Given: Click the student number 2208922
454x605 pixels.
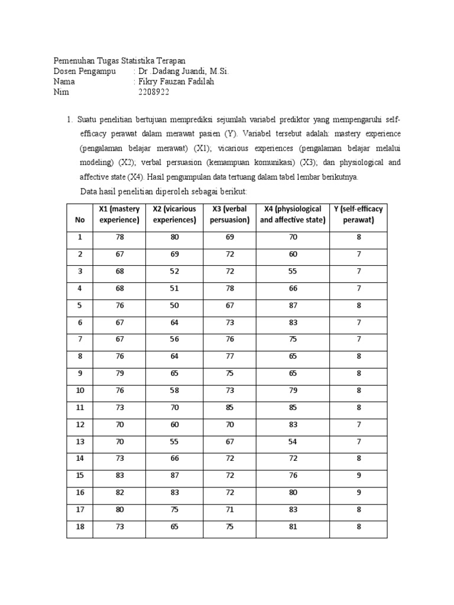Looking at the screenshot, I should pos(153,93).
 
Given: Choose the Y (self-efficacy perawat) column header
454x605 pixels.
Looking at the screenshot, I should pos(358,214).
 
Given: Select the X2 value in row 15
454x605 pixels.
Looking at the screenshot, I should pos(174,476).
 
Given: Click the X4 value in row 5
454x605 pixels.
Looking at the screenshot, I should pos(293,305).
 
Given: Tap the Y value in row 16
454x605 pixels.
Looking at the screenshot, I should pos(358,493).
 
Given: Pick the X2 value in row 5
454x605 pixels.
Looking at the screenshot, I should pos(174,305).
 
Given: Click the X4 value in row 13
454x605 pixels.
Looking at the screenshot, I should pos(293,442).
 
